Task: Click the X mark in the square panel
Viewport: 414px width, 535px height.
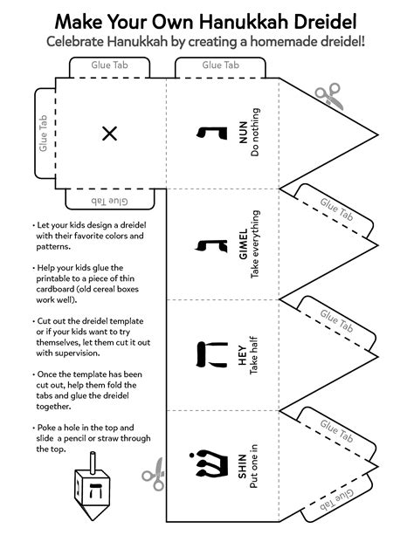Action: point(109,134)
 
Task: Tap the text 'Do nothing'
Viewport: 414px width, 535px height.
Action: point(255,134)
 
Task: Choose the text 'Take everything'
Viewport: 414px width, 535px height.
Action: point(255,244)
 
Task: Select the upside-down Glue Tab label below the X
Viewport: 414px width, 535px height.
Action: point(109,200)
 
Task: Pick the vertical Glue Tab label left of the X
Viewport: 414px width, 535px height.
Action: point(43,134)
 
